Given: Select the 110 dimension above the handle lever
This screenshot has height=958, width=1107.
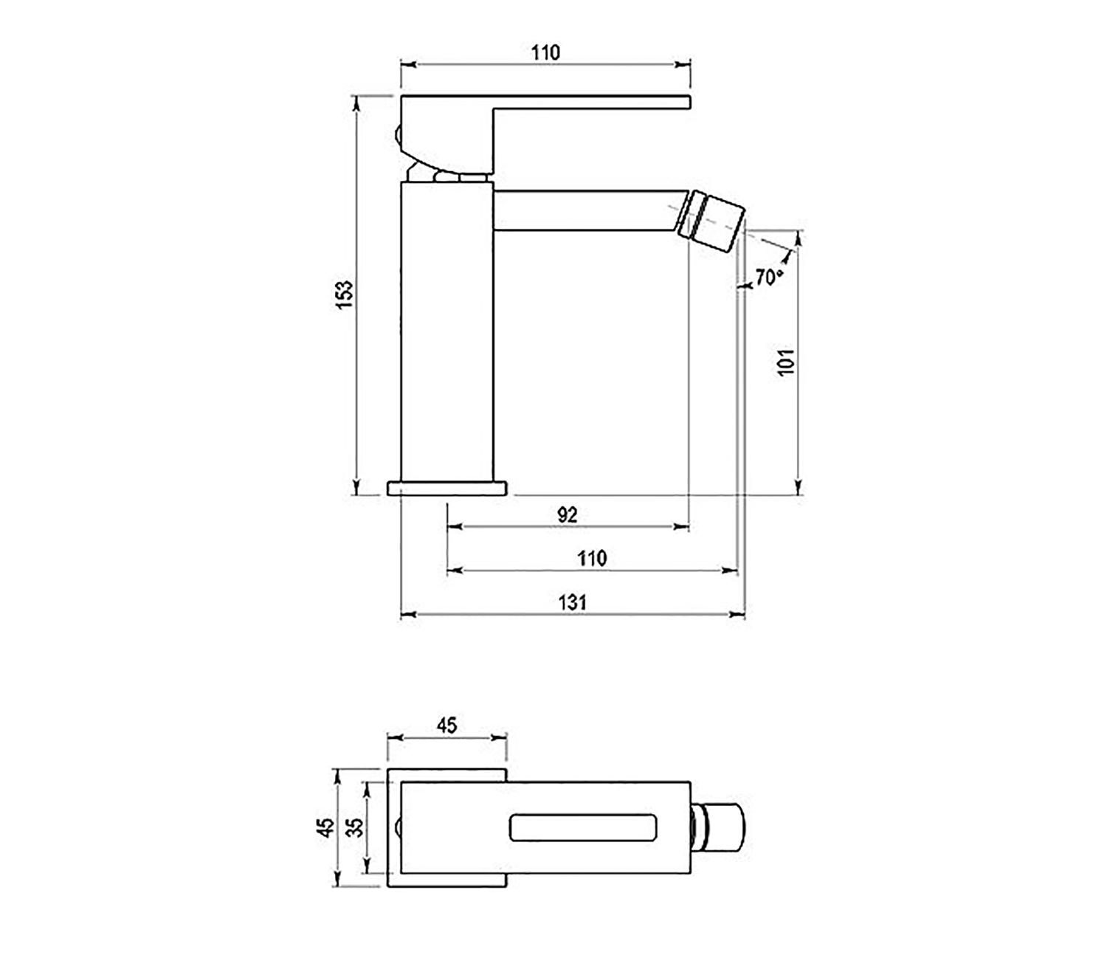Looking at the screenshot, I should pos(545,52).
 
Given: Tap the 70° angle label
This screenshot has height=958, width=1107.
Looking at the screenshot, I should pos(768,278).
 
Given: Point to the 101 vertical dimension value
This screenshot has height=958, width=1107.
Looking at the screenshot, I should pos(787,362).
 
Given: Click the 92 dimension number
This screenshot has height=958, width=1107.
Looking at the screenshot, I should pos(567,514).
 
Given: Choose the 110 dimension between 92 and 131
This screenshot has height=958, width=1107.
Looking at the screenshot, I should pos(592,558).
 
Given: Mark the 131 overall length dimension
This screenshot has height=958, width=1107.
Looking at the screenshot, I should pos(573,602).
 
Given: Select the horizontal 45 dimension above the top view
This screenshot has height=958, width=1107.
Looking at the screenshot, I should pos(446,725).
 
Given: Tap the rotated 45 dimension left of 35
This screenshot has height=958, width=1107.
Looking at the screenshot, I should pos(325,827).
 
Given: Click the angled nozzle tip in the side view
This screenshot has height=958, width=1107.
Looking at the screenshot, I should pos(713,222).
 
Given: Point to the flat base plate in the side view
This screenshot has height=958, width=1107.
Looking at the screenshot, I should pos(447,488).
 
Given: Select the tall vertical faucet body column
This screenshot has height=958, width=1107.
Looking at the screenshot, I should pos(446,332).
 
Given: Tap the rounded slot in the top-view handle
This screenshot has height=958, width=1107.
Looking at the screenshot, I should pos(582,827).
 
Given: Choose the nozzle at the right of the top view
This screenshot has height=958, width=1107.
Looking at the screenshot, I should pos(719,827).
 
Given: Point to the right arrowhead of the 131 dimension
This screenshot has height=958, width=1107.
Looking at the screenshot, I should pos(738,614).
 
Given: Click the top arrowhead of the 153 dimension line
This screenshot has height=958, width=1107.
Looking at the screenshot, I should pos(356,103).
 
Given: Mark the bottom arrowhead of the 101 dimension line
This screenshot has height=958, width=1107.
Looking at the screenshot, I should pos(798,487).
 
